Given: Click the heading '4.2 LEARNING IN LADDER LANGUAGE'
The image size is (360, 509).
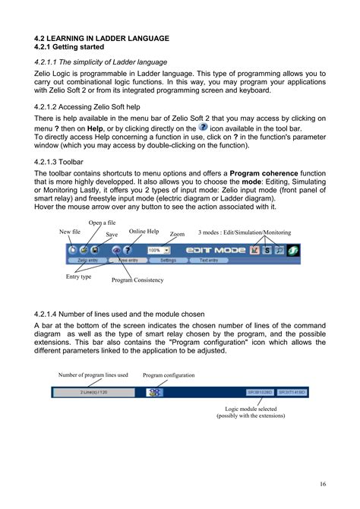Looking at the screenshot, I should pyautogui.click(x=102, y=38).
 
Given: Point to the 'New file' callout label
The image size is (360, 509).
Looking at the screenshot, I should pyautogui.click(x=70, y=231).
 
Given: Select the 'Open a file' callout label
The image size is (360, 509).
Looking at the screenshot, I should pyautogui.click(x=102, y=223).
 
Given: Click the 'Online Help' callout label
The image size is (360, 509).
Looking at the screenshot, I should pyautogui.click(x=144, y=231).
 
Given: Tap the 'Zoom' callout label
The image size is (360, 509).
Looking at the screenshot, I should pyautogui.click(x=177, y=235).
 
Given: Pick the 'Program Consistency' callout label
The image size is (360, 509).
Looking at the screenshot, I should pyautogui.click(x=137, y=280).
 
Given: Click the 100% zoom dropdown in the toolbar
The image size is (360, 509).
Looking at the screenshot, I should pyautogui.click(x=159, y=249).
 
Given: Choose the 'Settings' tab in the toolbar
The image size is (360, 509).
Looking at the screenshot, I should pyautogui.click(x=168, y=260).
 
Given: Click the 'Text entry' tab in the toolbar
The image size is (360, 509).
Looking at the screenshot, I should pyautogui.click(x=209, y=260).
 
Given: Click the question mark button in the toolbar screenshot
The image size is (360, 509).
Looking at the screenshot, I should pyautogui.click(x=128, y=249).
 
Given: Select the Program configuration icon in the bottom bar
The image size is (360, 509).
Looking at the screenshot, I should pyautogui.click(x=155, y=392).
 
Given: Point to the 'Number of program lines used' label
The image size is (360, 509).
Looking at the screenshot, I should pyautogui.click(x=93, y=375).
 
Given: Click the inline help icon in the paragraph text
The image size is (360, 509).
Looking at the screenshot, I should pyautogui.click(x=202, y=128).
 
